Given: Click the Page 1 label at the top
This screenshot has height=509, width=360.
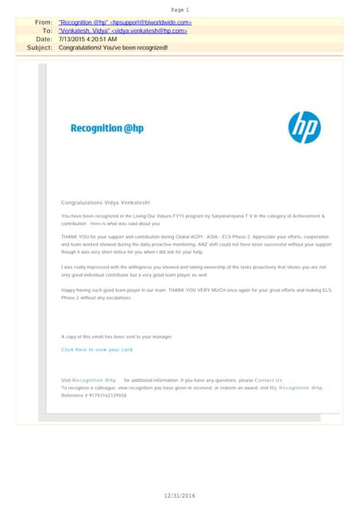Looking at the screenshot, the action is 179,9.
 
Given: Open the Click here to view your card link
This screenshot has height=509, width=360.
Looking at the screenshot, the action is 97,350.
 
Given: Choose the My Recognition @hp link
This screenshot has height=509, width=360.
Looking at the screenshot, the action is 296,387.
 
